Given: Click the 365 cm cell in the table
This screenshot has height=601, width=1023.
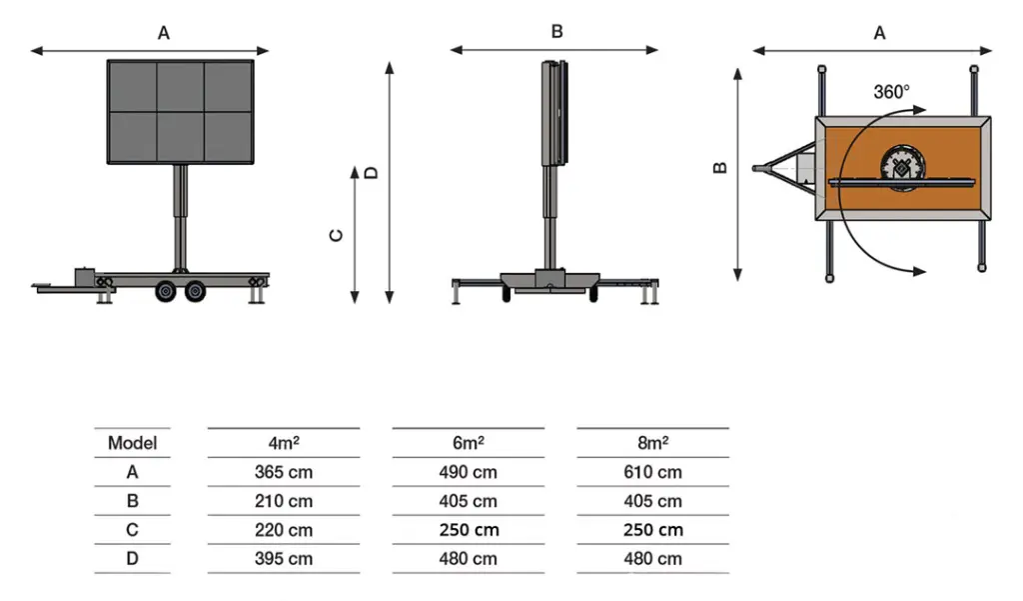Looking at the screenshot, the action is tap(283, 472).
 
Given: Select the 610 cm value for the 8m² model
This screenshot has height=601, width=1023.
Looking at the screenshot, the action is tap(652, 472).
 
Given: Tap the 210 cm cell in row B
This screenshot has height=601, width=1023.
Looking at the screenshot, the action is tap(283, 501).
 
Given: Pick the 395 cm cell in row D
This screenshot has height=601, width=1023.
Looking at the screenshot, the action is tap(283, 559).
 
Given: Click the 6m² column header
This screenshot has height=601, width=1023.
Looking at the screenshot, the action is tap(468, 443).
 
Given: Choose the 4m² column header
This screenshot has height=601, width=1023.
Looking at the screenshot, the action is tap(283, 443).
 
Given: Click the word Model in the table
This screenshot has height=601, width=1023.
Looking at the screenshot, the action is tap(133, 443).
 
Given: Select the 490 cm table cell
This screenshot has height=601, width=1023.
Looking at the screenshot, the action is tap(468, 472).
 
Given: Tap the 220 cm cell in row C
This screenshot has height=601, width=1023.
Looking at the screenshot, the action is tap(283, 530).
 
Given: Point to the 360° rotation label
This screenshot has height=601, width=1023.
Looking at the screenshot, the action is tap(891, 92).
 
